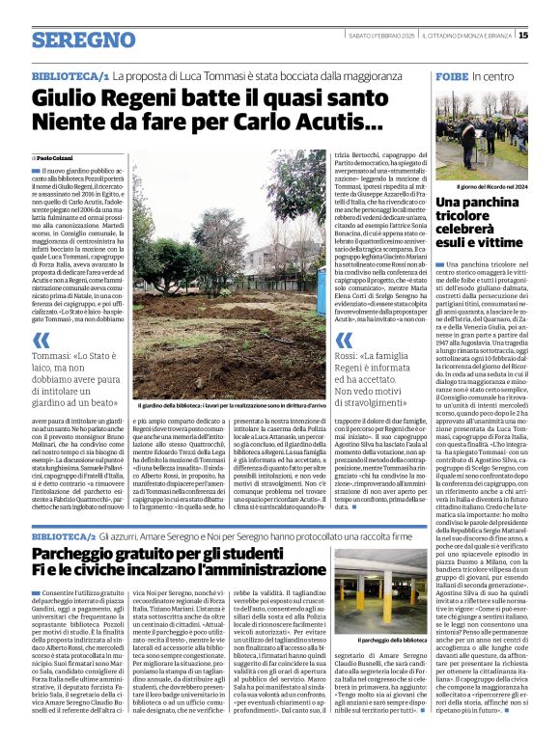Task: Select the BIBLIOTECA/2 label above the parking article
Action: [70, 534]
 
